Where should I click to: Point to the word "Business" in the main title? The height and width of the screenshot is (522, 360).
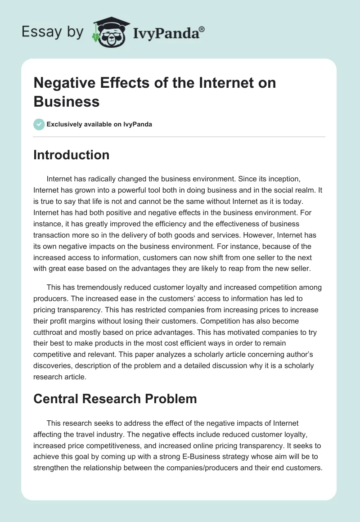point(67,101)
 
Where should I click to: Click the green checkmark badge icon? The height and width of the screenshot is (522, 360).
point(39,124)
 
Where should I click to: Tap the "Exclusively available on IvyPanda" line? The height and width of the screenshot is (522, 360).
point(99,124)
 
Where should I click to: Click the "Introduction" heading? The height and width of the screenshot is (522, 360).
point(72,155)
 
